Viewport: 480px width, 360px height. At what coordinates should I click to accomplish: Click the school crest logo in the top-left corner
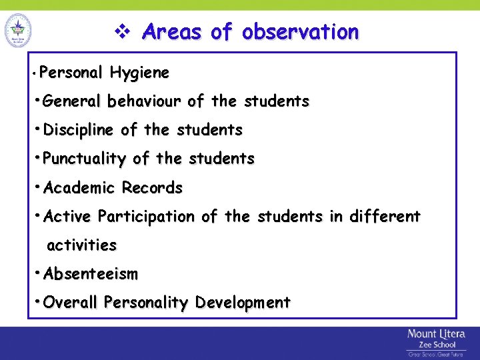click(x=18, y=29)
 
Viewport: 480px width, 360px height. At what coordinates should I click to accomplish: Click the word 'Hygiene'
click(x=140, y=72)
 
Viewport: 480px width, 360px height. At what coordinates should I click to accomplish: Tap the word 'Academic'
click(x=80, y=188)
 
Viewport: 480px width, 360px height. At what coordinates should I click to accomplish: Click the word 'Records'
click(x=152, y=188)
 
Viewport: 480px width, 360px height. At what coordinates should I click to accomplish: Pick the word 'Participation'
click(x=146, y=217)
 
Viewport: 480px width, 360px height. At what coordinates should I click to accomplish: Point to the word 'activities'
click(x=81, y=245)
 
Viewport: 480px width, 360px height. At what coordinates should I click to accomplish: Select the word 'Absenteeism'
click(x=91, y=274)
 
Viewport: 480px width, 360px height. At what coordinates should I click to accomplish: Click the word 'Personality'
click(x=147, y=303)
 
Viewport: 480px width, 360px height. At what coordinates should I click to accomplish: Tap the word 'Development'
click(x=243, y=303)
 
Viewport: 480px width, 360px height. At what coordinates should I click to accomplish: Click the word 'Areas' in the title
click(x=171, y=31)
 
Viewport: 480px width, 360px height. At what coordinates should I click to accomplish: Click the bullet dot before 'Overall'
click(x=38, y=302)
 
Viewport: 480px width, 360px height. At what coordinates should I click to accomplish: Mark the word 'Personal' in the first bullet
click(x=71, y=72)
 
